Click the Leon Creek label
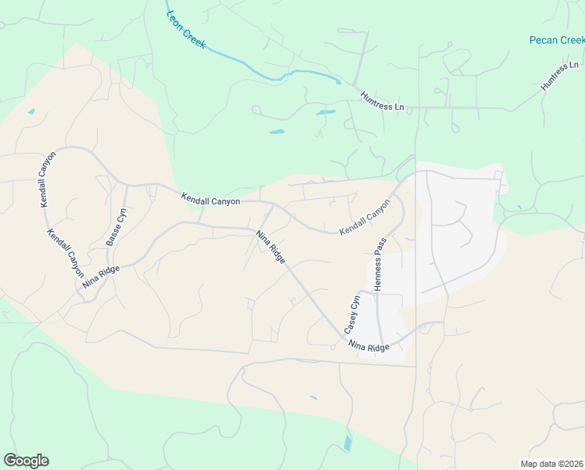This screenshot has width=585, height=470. [x=185, y=30]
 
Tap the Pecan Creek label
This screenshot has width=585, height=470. [x=556, y=40]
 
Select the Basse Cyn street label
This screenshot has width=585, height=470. [x=117, y=227]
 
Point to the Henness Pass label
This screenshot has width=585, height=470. [x=379, y=266]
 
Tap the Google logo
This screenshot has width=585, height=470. [x=26, y=461]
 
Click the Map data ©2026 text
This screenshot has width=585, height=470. [x=551, y=464]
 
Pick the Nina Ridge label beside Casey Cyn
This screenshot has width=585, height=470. [x=368, y=345]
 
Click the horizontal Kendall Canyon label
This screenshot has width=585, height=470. [x=210, y=201]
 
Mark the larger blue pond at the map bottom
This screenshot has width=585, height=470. [x=347, y=443]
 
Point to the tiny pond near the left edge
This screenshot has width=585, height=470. [x=31, y=111]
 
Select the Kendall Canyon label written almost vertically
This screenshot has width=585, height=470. [x=47, y=179]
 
